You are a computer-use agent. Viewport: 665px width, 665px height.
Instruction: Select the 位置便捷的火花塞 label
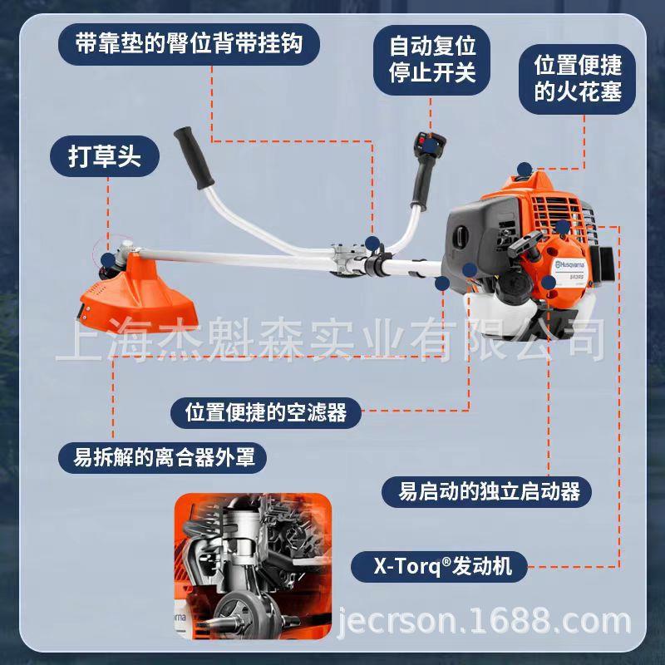point(577,78)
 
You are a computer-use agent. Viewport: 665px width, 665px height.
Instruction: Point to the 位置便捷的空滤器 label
point(265,411)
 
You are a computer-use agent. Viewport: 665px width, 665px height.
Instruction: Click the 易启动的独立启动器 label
point(488,490)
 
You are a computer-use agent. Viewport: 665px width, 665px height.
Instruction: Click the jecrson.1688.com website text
point(485,621)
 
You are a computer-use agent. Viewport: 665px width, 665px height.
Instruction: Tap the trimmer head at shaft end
point(111,258)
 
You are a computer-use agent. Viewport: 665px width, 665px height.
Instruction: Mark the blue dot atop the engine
point(523,168)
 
